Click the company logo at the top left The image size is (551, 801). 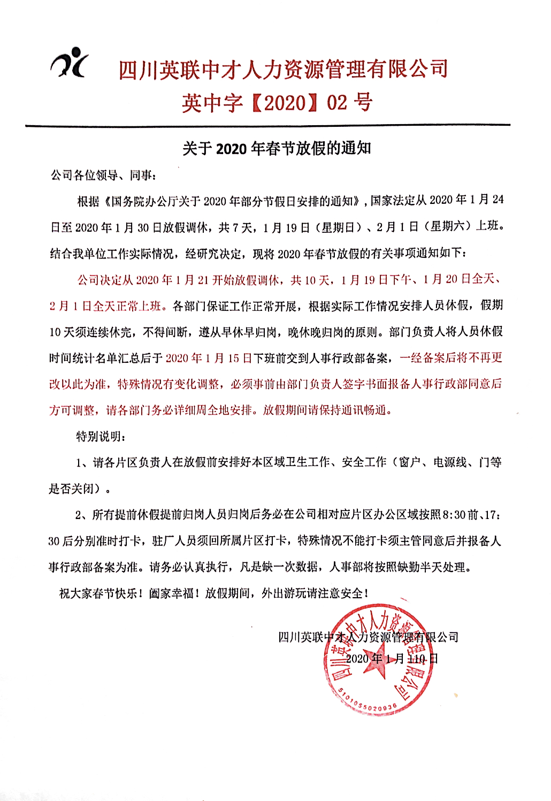point(70,63)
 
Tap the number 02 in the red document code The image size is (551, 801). point(337,102)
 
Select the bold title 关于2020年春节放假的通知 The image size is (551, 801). point(277,148)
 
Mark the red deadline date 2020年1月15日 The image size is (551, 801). point(209,358)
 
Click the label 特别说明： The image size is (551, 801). point(101,437)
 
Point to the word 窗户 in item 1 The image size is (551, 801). point(410,462)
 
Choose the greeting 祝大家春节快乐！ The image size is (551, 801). point(101,593)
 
